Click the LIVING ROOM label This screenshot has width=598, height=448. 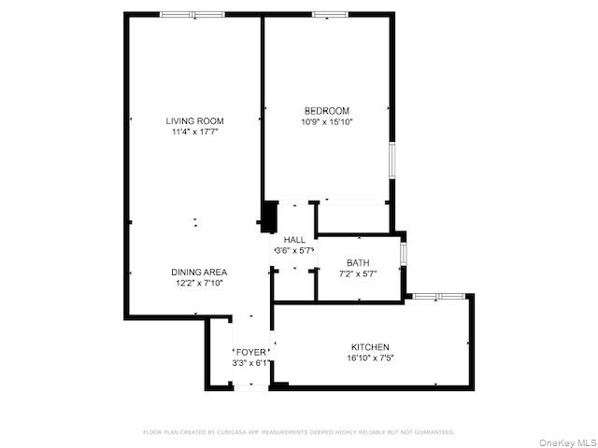[194, 120]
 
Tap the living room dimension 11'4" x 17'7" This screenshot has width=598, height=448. [194, 133]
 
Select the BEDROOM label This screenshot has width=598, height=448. [326, 110]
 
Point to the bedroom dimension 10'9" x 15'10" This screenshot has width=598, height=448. [326, 122]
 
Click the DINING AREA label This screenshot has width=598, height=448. [198, 272]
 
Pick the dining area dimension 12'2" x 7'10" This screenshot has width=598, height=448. [198, 283]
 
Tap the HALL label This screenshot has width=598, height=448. [294, 240]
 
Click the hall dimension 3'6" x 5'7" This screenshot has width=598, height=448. [294, 251]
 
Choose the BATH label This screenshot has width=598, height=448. [358, 262]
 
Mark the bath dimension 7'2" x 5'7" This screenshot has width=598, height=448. [358, 273]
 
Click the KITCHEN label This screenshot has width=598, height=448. [370, 346]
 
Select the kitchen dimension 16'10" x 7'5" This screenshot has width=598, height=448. [370, 357]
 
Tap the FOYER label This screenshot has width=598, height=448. [250, 352]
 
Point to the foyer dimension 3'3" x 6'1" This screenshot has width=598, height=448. [250, 363]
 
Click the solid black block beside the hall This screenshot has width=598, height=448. [269, 217]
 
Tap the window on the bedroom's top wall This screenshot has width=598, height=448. [330, 15]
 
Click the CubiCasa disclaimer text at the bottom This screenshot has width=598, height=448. [299, 432]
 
